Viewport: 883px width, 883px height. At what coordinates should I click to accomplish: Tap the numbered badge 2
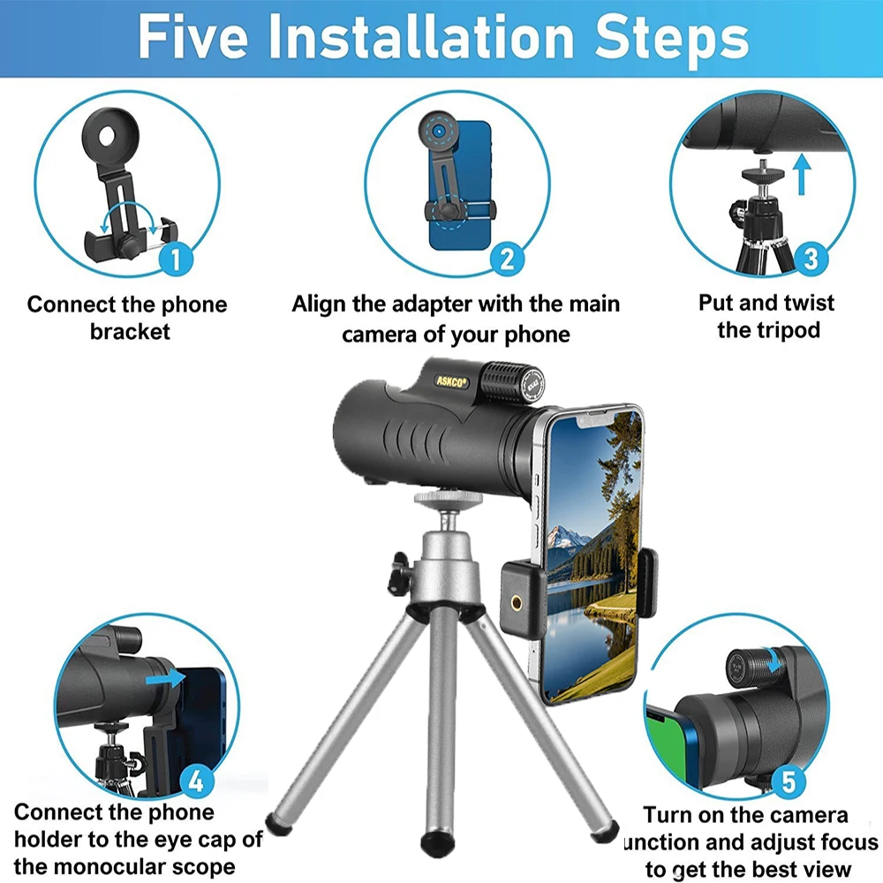507,259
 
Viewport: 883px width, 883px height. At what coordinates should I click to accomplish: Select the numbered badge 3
811,258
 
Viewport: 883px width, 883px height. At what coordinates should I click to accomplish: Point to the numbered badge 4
196,781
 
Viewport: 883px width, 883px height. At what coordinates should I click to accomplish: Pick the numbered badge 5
789,781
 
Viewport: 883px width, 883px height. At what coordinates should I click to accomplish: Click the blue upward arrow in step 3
802,175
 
